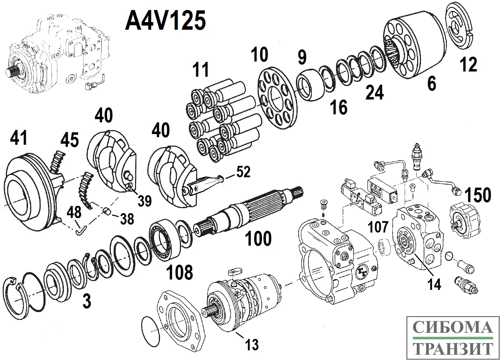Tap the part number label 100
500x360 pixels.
258,238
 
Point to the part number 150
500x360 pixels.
478,195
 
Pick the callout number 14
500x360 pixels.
434,284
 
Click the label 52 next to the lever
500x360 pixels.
243,172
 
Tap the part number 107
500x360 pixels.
378,227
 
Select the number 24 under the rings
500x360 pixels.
374,93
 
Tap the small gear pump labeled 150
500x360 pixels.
464,221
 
